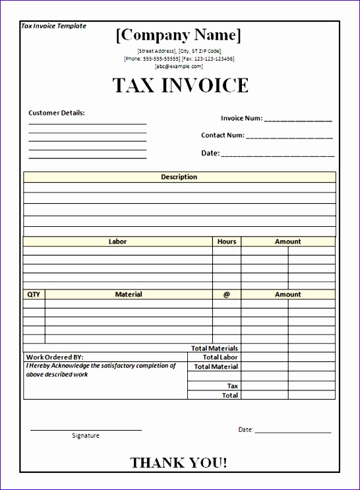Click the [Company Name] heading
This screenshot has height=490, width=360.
[179, 35]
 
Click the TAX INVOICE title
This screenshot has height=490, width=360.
[180, 86]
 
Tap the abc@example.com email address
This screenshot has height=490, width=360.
[179, 67]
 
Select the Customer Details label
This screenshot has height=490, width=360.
[57, 113]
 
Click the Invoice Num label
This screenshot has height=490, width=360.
[241, 119]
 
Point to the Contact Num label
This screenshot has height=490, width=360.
[223, 135]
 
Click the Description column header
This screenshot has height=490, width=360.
[179, 177]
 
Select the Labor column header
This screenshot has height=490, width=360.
[117, 241]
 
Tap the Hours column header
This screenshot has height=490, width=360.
[226, 241]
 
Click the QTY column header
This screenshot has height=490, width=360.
[34, 294]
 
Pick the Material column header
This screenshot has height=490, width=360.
[129, 294]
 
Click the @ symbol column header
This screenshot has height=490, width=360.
[226, 294]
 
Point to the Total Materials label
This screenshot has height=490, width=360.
[214, 348]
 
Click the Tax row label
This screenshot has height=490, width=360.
[233, 386]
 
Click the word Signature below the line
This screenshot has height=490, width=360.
[86, 435]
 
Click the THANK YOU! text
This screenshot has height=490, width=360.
[179, 463]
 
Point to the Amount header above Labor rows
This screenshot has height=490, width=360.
[287, 241]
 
